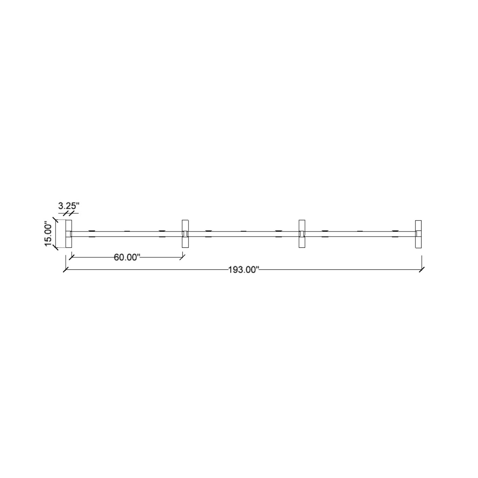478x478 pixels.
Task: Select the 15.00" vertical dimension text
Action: [x=48, y=234]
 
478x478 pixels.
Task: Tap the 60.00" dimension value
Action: [x=127, y=257]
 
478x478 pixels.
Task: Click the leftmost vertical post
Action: [x=69, y=234]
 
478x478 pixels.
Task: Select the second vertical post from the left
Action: [x=185, y=234]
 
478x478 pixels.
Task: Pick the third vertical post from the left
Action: [x=302, y=234]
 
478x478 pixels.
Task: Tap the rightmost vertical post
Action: [x=418, y=234]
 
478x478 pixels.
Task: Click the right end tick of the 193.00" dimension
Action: [x=422, y=270]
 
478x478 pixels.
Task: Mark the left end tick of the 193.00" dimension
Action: [x=66, y=270]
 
